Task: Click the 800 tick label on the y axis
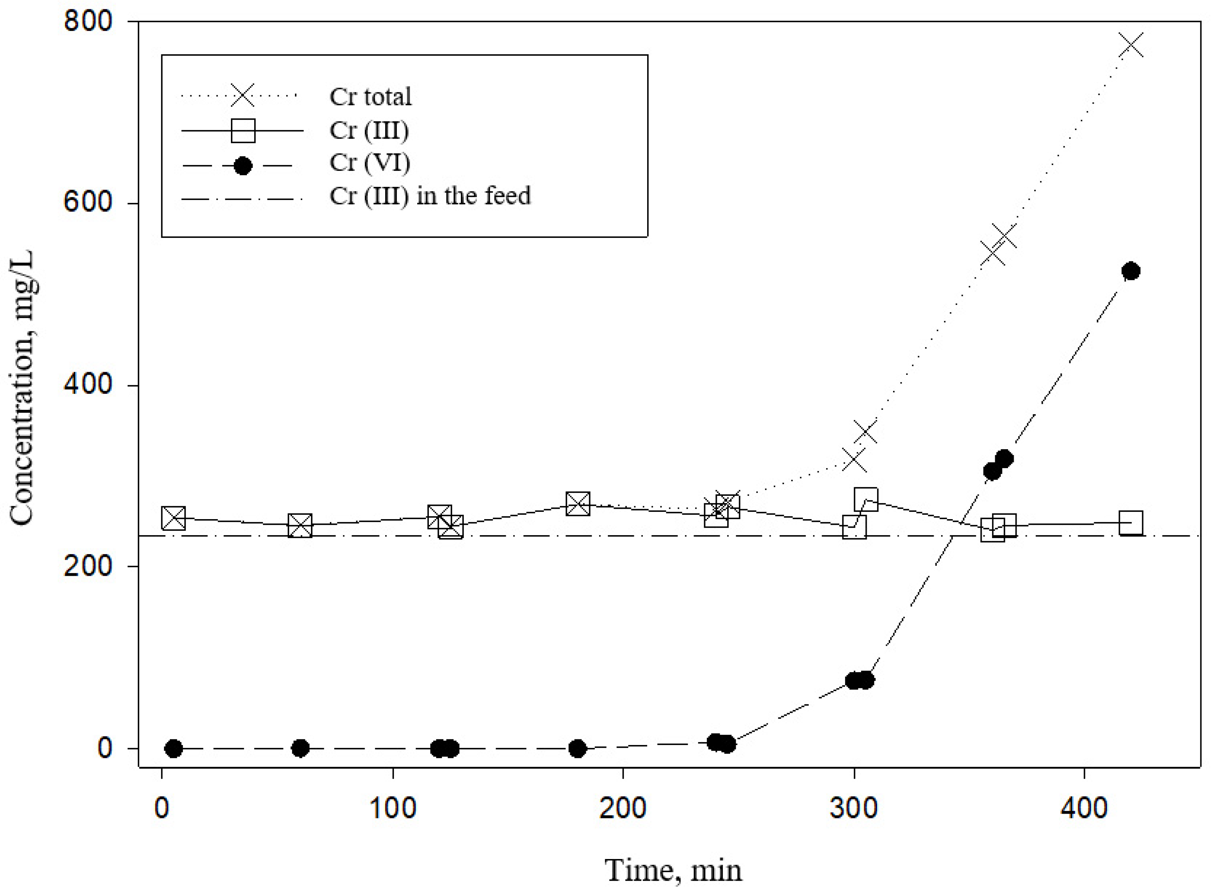point(87,22)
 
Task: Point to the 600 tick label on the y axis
point(87,203)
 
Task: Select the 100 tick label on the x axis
point(392,809)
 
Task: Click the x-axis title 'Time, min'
point(673,870)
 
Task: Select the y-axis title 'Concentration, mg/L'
point(23,388)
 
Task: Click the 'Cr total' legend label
point(370,97)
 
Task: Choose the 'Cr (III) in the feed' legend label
point(430,195)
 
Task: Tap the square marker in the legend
point(243,130)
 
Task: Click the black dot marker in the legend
point(243,166)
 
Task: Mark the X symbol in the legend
point(243,96)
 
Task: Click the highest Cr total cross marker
point(1130,46)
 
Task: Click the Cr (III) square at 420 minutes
point(1130,522)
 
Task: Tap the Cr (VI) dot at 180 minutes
point(578,748)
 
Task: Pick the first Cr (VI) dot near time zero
point(173,748)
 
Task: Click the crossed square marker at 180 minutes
point(578,504)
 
